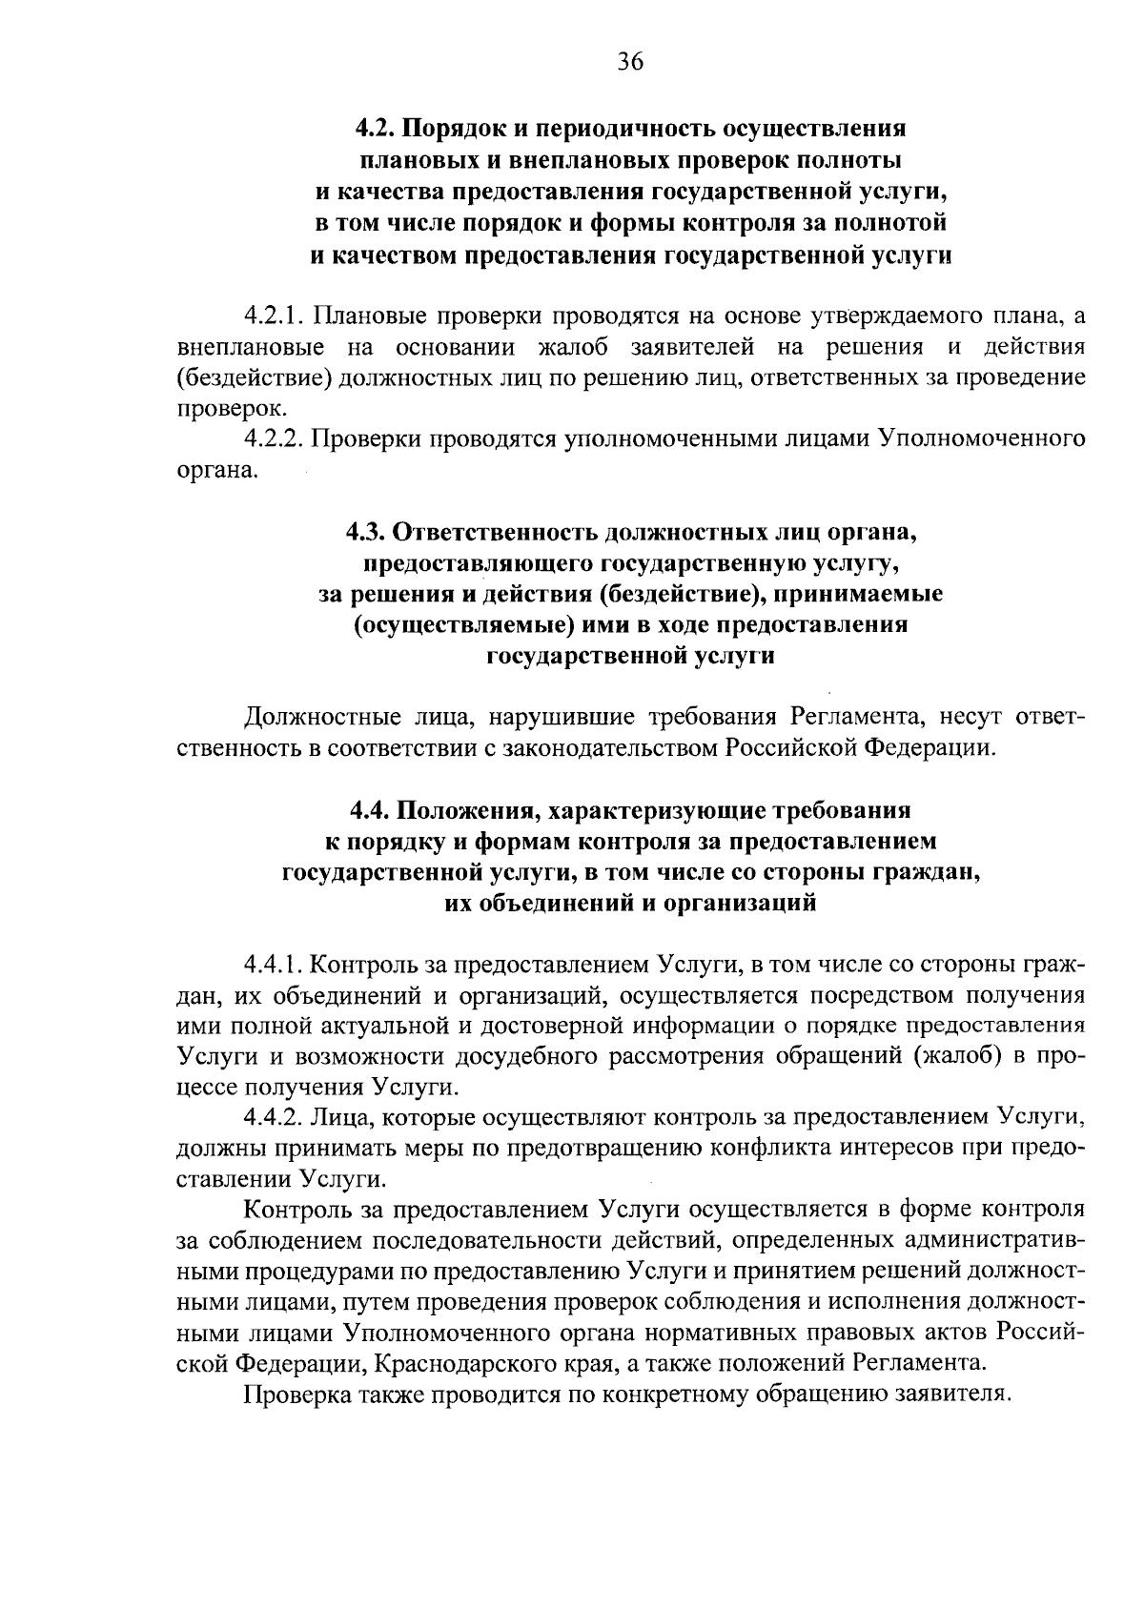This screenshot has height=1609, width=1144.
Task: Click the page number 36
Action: tap(630, 62)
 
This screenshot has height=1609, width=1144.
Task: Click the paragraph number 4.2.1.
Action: tap(273, 316)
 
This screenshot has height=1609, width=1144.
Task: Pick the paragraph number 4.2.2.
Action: tap(273, 439)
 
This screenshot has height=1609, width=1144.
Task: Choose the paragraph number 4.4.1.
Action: tap(273, 964)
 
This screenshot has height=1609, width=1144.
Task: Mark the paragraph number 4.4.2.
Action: tap(273, 1118)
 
